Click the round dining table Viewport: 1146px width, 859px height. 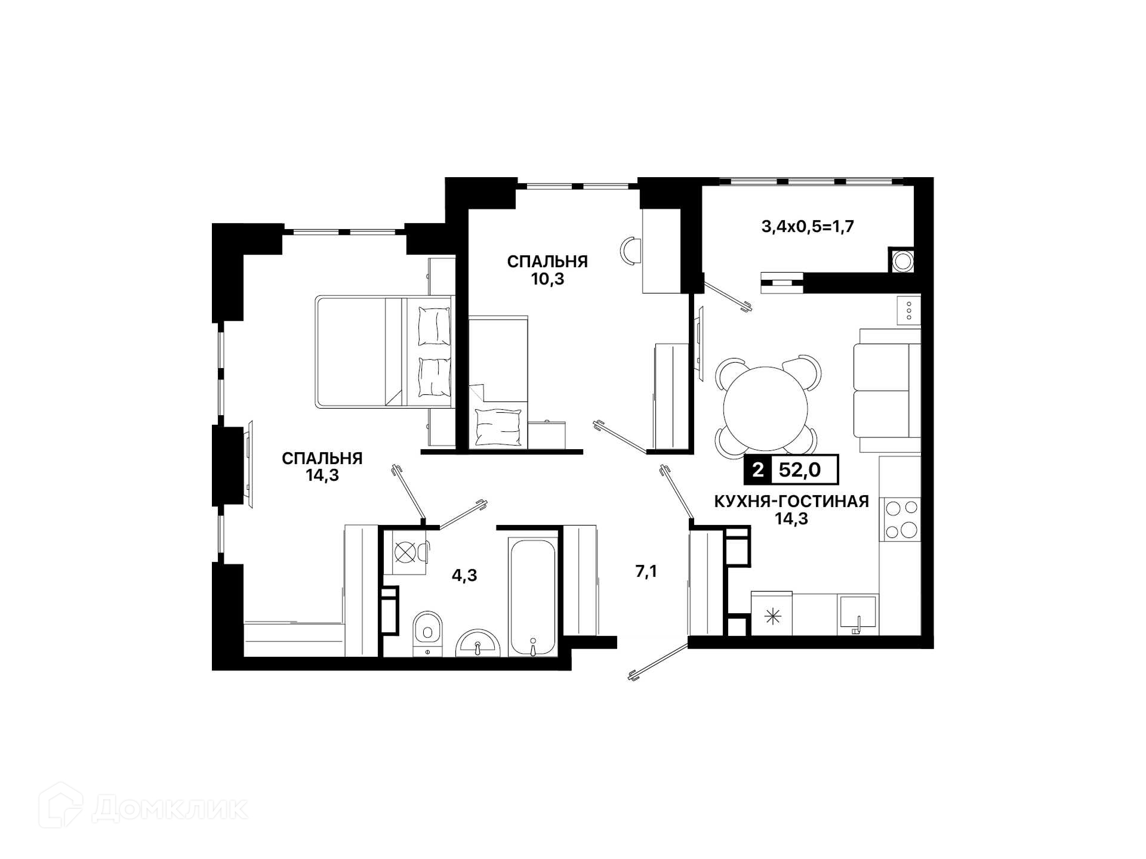766,407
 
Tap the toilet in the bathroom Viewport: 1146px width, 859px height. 427,632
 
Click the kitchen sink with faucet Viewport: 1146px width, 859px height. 858,614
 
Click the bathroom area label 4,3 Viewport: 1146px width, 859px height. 464,576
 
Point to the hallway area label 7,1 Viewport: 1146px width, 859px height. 646,571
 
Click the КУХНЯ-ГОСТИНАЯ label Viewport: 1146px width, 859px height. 791,502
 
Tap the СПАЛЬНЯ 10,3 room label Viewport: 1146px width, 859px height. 547,270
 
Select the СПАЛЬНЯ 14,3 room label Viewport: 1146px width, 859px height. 322,466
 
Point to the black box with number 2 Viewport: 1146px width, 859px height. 757,470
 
